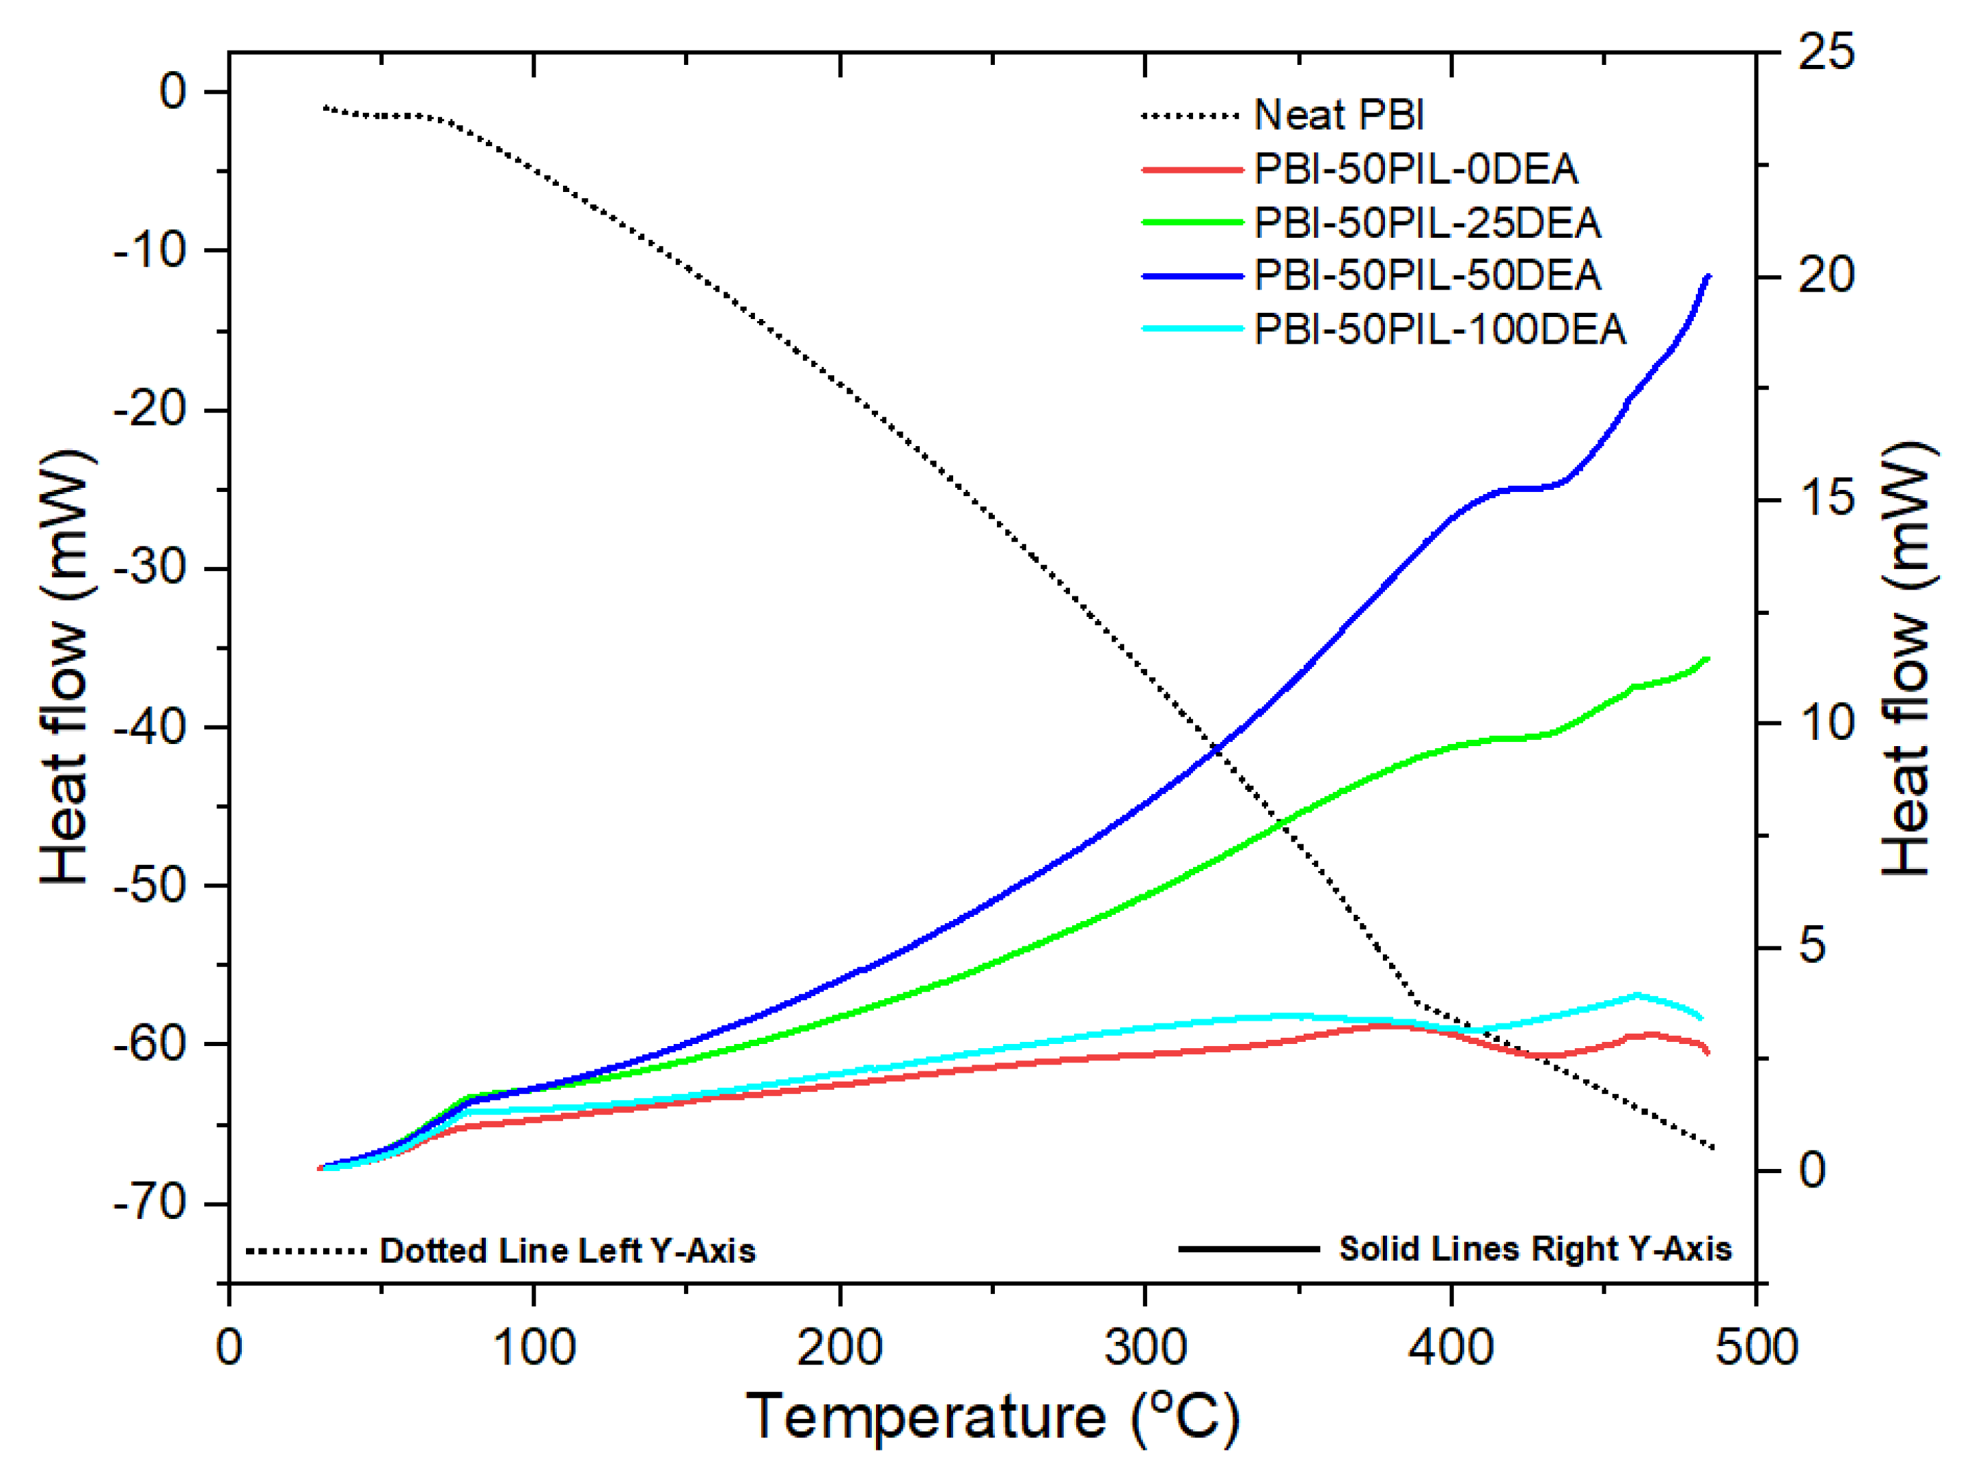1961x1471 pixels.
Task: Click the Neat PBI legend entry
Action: point(1339,115)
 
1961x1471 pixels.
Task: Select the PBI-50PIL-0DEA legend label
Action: point(1416,169)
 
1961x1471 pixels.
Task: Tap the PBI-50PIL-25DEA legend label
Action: point(1427,223)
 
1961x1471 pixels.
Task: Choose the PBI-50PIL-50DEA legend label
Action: point(1427,276)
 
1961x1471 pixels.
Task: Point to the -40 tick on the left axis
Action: point(151,727)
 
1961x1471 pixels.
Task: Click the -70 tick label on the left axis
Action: point(151,1203)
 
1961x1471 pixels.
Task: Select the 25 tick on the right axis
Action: point(1825,51)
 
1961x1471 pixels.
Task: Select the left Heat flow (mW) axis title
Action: point(66,667)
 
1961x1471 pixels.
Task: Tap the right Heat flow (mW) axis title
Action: point(1906,661)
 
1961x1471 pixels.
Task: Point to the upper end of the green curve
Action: point(1708,659)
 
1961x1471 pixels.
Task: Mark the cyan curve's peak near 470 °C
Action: point(1636,995)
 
